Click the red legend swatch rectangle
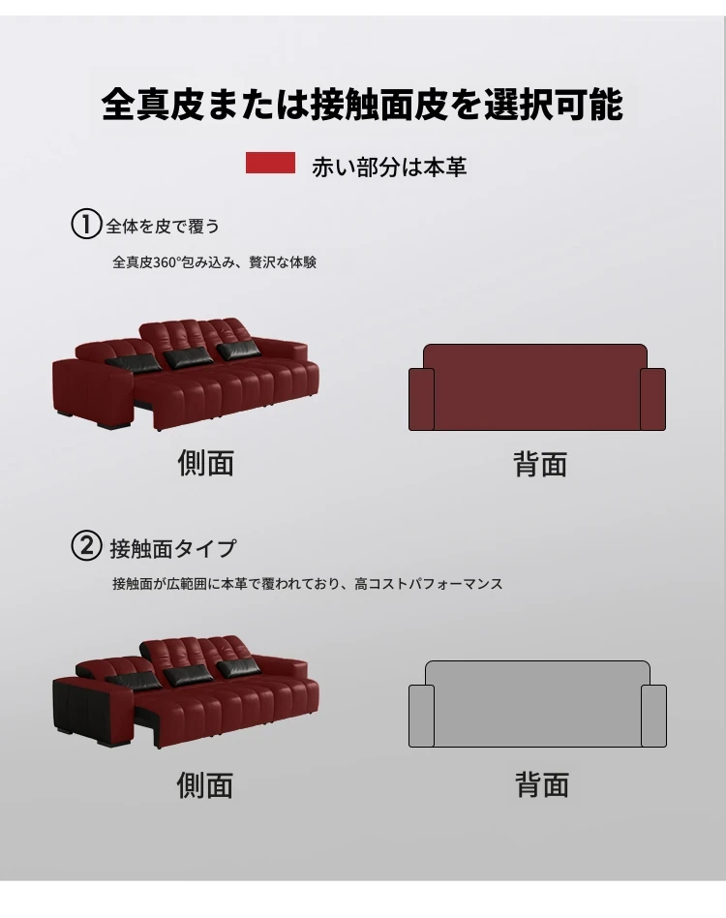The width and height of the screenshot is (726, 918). pos(270,163)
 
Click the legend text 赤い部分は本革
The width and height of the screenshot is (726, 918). pos(389,167)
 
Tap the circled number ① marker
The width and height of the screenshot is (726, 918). pos(86,225)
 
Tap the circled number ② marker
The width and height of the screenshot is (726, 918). pos(86,545)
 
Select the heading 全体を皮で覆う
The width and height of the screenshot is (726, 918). pos(163,226)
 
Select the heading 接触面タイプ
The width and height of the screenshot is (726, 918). pos(173,549)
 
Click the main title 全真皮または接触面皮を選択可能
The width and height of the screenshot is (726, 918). pos(363,105)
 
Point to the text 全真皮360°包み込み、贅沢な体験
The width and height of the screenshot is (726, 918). pos(214,262)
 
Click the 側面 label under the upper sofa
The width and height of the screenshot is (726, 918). pos(206,463)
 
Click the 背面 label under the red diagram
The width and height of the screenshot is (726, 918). pos(540,464)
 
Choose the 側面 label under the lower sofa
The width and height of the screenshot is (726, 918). pos(205,785)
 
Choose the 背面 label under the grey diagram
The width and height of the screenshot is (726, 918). pos(542,785)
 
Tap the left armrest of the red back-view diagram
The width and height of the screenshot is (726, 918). pos(421,399)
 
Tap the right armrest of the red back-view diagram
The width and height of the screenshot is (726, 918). pos(652,399)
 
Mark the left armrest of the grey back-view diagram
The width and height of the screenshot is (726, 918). pos(421,716)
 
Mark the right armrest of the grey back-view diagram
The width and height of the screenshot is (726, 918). pos(654,716)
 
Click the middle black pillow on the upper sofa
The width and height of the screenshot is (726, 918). pos(189,357)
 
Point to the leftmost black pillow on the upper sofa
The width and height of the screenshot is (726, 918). pos(134,362)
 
